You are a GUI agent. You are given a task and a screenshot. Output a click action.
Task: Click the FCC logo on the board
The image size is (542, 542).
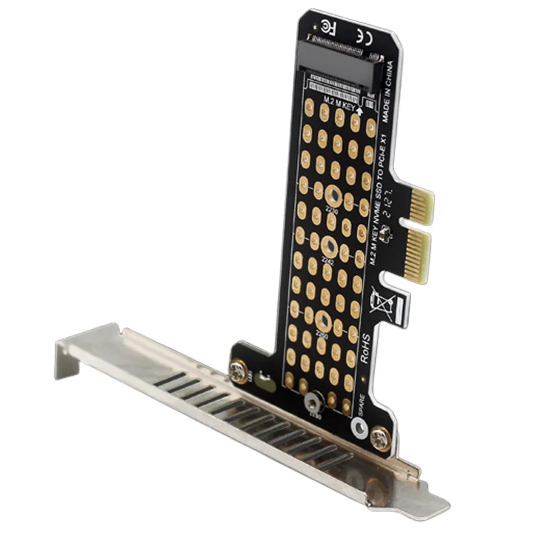(x=327, y=25)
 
